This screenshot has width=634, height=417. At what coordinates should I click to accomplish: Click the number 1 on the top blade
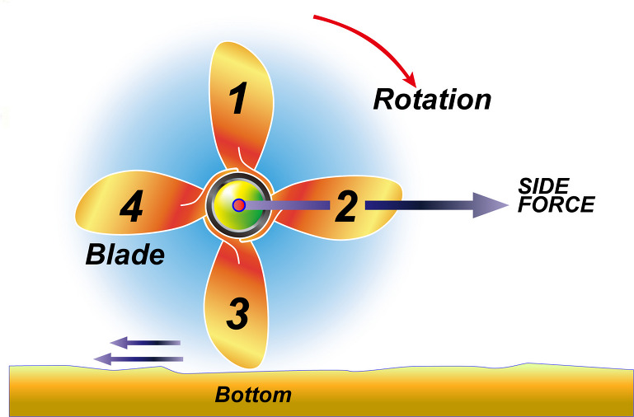238,100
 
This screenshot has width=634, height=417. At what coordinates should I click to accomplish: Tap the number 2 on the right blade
345,207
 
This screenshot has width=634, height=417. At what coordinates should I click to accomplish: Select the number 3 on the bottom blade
237,313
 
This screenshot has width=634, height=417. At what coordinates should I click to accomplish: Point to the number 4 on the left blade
130,208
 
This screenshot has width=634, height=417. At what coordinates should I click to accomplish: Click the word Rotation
432,100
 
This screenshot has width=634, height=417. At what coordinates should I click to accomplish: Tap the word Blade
125,255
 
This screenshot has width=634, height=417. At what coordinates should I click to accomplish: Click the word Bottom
253,395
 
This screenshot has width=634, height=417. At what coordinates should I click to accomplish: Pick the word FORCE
556,204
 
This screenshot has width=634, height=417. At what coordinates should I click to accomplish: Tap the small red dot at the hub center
238,204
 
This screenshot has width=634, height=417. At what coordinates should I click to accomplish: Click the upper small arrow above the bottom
145,342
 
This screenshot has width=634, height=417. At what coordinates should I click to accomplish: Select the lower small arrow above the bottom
138,358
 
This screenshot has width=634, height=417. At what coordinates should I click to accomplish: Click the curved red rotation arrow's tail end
315,16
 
